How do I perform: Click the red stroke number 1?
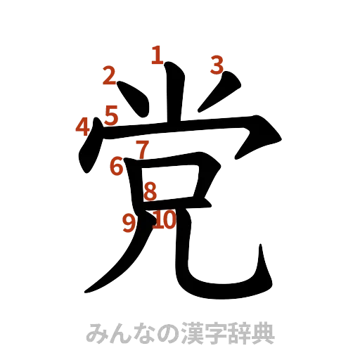[156, 55]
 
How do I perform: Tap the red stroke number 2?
[109, 76]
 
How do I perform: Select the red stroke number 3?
[216, 65]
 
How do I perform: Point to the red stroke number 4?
[83, 127]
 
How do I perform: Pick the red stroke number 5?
[111, 114]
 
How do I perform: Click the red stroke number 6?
[117, 166]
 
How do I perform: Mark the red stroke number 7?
[142, 149]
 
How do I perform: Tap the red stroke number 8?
[150, 191]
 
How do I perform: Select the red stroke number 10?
[165, 220]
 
